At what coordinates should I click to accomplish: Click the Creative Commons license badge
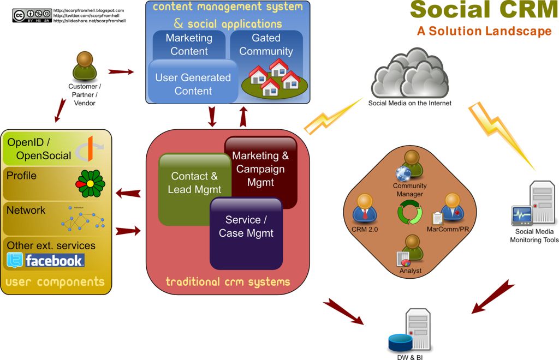[32, 15]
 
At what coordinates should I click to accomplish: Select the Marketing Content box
[189, 44]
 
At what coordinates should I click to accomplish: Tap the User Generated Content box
[193, 83]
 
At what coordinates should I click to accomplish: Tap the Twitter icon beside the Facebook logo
[15, 261]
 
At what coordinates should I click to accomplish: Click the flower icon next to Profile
[90, 183]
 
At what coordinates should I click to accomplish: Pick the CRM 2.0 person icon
[365, 208]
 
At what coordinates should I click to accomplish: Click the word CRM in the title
[522, 9]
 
